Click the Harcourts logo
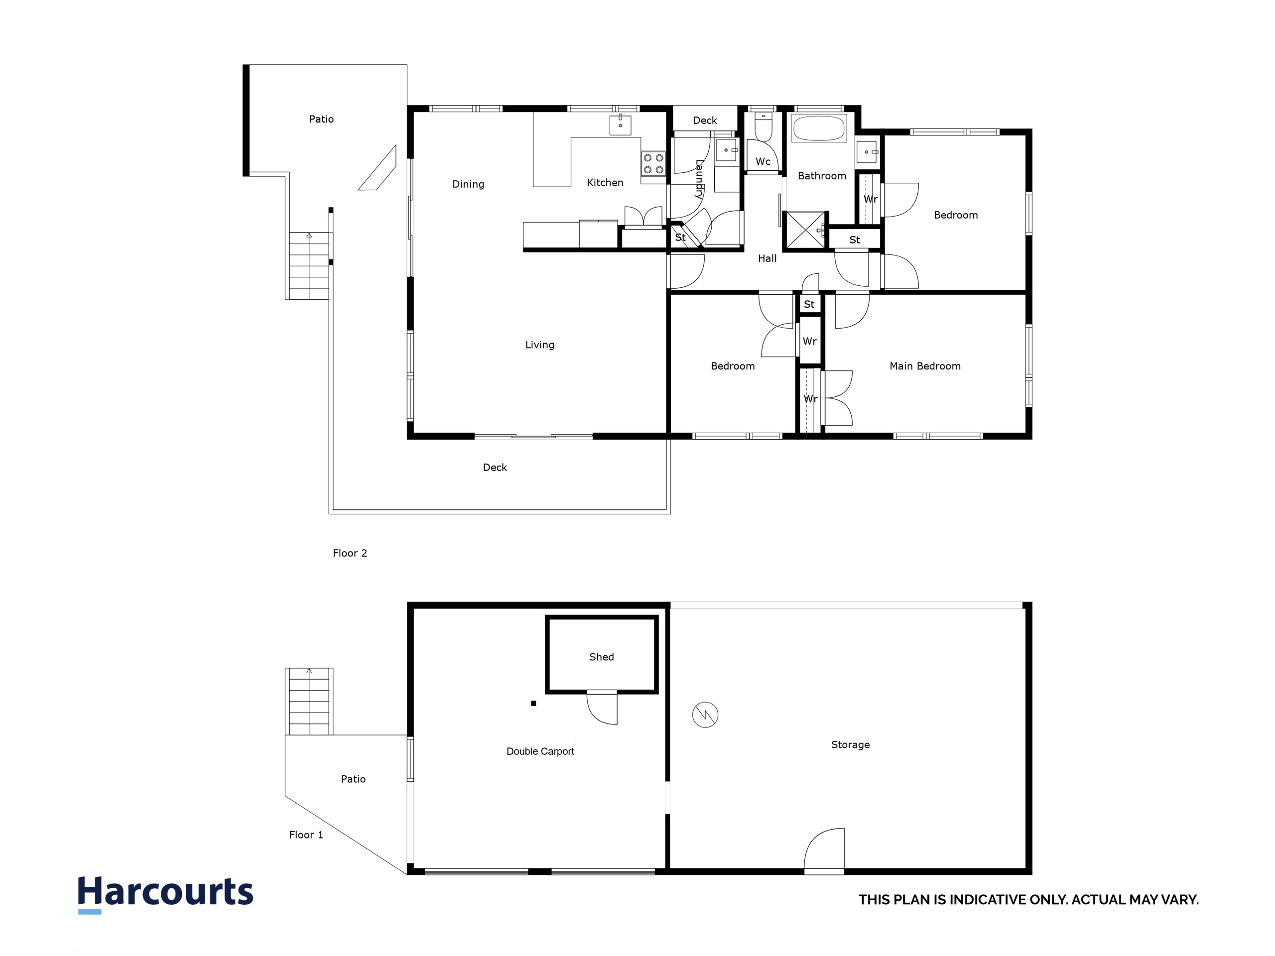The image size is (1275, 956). (x=165, y=893)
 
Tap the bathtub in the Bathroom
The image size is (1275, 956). (x=818, y=128)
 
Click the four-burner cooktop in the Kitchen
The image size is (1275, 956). (x=653, y=164)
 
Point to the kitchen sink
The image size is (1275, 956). (x=620, y=124)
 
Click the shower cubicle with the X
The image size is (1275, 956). (x=805, y=230)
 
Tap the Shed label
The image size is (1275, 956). (x=601, y=657)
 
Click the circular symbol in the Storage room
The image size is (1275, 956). (x=705, y=715)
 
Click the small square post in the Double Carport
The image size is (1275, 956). (x=534, y=703)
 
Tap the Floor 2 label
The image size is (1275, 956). (x=350, y=553)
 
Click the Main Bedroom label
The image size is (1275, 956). (x=924, y=366)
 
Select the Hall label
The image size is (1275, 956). (x=766, y=258)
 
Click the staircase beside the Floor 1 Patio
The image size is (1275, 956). (x=309, y=701)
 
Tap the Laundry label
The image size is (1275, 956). (x=699, y=179)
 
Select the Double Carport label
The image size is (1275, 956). (x=540, y=751)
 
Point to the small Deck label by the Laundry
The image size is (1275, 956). (x=704, y=120)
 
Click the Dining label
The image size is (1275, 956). (x=468, y=184)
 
